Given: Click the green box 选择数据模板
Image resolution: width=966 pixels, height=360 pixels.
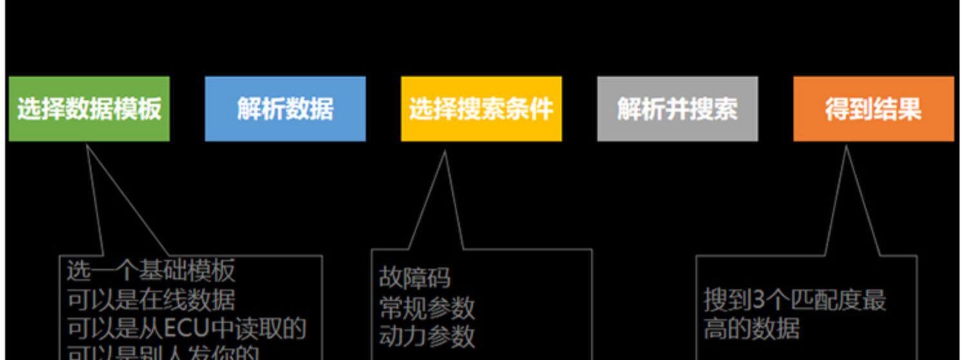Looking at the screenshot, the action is point(89,109).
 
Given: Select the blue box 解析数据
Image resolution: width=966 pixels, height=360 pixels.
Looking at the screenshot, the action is point(285,109).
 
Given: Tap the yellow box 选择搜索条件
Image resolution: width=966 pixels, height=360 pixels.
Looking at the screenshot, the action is point(481,109).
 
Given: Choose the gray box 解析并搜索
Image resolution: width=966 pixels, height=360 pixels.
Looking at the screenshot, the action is point(677,109).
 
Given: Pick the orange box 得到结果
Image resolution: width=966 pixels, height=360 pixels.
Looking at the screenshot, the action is point(873,109).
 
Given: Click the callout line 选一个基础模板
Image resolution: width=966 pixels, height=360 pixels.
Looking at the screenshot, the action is point(151,271).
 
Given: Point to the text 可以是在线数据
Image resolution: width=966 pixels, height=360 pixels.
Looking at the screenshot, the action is point(151,300).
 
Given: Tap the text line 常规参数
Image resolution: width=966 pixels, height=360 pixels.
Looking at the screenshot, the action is point(426,308).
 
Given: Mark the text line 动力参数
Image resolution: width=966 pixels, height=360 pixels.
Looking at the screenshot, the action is point(426,337).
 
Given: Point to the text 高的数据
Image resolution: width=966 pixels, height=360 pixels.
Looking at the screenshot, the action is point(751,329).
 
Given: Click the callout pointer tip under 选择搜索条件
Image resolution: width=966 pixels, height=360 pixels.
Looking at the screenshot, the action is point(444,153).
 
